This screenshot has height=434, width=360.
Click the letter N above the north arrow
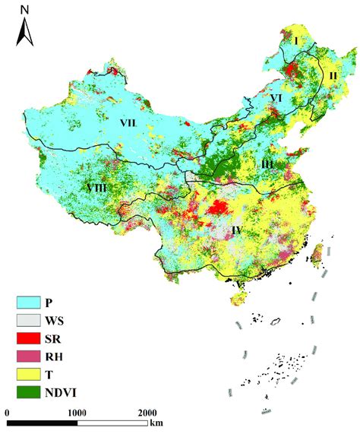click(x=25, y=11)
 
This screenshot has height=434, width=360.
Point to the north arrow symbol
click(x=25, y=33)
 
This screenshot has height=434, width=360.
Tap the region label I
click(x=297, y=40)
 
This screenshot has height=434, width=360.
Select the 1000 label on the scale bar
click(x=77, y=411)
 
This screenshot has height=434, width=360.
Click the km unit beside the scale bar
click(x=156, y=423)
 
